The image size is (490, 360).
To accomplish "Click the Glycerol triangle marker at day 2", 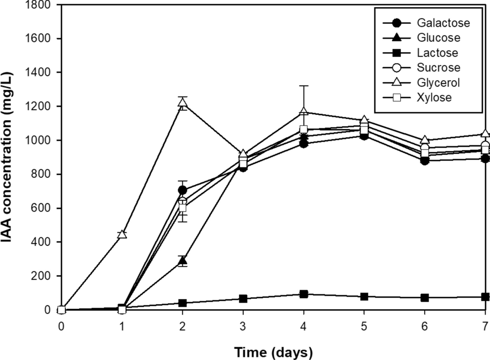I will coord(182,103).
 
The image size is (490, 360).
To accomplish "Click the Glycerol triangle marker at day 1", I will coord(122,234).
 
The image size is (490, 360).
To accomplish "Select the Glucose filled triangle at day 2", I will coord(182,262).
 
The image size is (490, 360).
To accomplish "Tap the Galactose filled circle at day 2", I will coord(182,190).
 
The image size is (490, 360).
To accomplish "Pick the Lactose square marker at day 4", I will coord(304,294).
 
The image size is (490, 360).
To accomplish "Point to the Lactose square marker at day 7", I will coord(485,297).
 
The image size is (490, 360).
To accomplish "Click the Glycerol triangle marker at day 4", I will coord(304,112).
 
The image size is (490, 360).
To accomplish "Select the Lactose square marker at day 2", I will coord(182,303).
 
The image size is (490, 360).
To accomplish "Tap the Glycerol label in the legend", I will coord(439,82).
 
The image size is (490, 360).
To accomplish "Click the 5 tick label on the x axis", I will coord(364,325).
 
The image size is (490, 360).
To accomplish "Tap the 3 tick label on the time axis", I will coord(243,325).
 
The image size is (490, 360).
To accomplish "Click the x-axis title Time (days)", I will coord(273,351).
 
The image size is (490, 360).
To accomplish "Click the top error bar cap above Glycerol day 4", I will coord(304,86).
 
